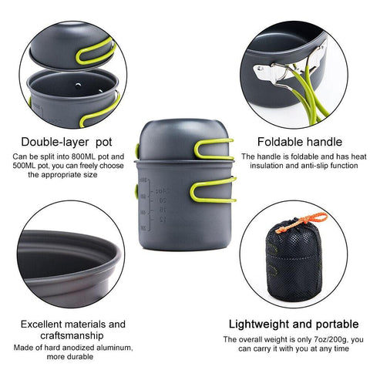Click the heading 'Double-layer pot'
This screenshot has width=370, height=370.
66,142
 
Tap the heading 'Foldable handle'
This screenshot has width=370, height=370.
300,142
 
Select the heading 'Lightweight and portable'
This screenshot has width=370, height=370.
294,324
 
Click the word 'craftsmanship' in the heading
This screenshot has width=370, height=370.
72,335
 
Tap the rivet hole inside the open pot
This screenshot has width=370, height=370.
78,86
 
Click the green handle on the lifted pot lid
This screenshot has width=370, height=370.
96,52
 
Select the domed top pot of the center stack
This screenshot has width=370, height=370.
184,140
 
